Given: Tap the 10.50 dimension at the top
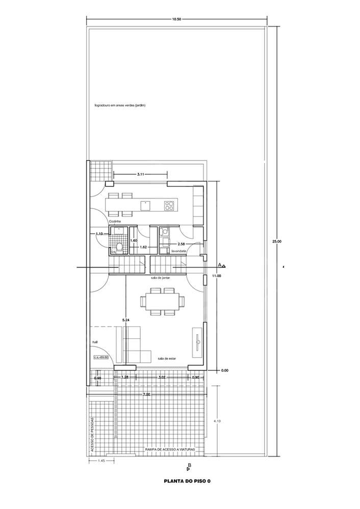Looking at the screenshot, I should [x=176, y=19].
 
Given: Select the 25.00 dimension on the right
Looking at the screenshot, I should [x=276, y=241].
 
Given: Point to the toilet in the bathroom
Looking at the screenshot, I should [x=119, y=247].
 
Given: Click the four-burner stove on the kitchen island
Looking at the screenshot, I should [x=169, y=205].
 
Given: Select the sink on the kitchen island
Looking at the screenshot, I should [x=145, y=205].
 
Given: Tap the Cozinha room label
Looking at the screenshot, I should [x=114, y=222].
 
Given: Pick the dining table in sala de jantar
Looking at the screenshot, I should [x=163, y=301].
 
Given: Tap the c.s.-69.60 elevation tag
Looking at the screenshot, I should [x=102, y=358].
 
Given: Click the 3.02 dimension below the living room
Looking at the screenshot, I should [x=162, y=378].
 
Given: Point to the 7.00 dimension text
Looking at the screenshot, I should [x=147, y=394].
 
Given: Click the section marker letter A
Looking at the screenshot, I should [x=219, y=265].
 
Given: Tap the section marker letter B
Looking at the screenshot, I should [x=189, y=465].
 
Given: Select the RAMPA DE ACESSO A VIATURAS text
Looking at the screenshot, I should [x=170, y=449].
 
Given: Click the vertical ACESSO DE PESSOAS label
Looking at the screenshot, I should [x=92, y=435].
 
